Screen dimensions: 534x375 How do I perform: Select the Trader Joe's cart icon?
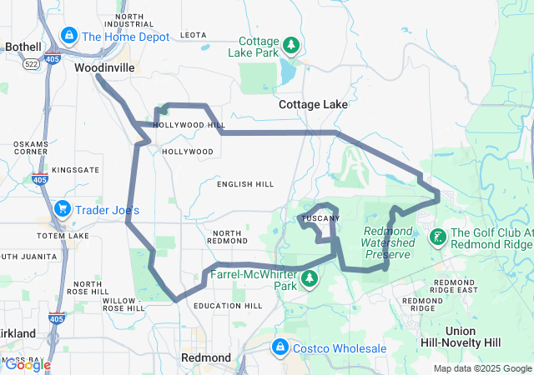coord(61,208)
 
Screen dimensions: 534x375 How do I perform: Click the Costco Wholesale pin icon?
coord(280,347)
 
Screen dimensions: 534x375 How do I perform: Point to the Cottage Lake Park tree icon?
coord(290,44)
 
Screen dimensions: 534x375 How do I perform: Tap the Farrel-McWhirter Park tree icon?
coord(310,277)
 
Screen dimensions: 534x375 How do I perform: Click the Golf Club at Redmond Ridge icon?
coord(436,237)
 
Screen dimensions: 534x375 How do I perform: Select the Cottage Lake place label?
coord(313,105)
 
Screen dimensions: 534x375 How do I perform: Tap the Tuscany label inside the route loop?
coord(319,218)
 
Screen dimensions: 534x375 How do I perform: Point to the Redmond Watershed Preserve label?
coord(388,242)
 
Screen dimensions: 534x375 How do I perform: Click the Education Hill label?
coord(228,306)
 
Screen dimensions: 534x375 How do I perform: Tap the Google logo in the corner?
coord(27,364)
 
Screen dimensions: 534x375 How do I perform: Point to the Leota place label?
coord(193,35)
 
